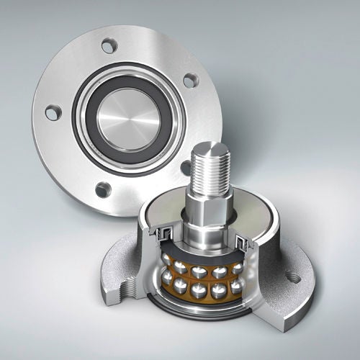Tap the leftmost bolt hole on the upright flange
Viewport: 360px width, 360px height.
coord(53,113)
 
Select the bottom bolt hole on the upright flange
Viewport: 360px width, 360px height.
coord(104,190)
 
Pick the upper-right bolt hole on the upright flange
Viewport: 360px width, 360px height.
coord(189,81)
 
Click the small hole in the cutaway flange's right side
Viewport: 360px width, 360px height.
coord(293,275)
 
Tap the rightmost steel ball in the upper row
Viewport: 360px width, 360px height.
coord(238,269)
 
